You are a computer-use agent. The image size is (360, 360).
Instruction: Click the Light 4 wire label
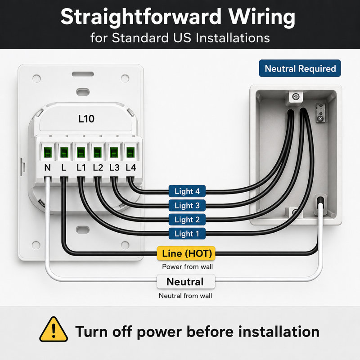coord(187,191)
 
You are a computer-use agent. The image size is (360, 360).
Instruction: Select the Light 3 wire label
coord(187,205)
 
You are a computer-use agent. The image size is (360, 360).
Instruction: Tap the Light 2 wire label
coord(187,220)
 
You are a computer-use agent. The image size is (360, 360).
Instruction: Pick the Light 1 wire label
coord(187,234)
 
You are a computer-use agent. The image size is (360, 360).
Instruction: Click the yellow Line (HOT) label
coord(186,253)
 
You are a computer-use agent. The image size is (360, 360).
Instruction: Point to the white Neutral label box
coord(186,282)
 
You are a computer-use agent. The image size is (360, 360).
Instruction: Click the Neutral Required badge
coord(300,68)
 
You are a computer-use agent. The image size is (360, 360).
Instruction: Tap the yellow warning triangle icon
coord(54,329)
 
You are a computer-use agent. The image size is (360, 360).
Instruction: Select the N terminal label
coord(47,167)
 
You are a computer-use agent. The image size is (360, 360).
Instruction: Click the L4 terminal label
coord(130,167)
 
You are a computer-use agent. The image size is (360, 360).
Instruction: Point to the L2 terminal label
coord(98,167)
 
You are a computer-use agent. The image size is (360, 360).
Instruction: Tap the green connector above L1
coord(81,152)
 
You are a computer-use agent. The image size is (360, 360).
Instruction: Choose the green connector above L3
coord(114,152)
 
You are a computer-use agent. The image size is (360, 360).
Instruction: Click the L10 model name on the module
coord(86,119)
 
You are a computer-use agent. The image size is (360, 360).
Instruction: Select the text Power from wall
coord(187,266)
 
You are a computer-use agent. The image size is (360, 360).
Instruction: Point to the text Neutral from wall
coord(185,296)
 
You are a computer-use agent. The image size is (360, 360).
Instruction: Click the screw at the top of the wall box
coord(296,96)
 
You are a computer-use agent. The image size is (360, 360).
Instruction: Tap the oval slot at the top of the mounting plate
coord(83,74)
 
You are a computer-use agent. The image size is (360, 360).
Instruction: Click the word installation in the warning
coord(279,332)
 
